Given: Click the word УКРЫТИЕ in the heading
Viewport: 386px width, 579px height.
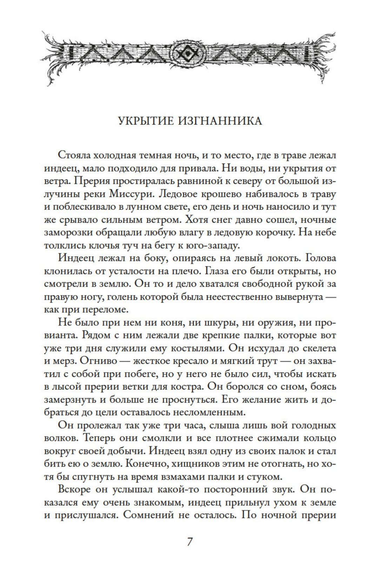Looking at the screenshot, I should pos(145,121).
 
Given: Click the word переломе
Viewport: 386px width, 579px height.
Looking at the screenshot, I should pos(106,310).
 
